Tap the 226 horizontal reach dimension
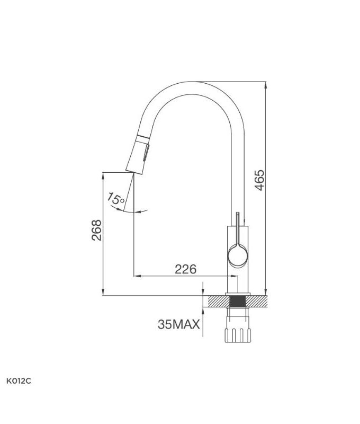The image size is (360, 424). click(x=185, y=269)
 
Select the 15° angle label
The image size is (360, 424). click(x=115, y=199)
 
